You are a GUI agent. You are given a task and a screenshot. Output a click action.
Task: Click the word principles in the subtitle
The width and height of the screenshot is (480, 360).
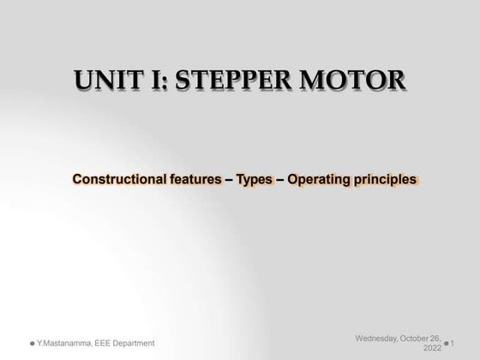(386, 180)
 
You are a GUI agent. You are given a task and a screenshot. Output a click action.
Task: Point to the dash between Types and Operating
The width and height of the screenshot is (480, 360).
(279, 180)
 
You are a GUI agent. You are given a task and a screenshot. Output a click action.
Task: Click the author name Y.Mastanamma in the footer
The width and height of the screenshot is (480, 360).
(66, 343)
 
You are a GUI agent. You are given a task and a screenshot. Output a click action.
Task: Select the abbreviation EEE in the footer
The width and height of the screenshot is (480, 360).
(111, 343)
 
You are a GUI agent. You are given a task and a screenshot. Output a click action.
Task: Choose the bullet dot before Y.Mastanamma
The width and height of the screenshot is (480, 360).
(32, 343)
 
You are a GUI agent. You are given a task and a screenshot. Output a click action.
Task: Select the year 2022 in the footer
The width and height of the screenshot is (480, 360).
(432, 348)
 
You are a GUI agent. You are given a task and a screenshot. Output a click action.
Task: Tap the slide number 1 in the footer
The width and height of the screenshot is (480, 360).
(464, 343)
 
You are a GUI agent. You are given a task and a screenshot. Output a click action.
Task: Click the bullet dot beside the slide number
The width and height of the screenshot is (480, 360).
(449, 344)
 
